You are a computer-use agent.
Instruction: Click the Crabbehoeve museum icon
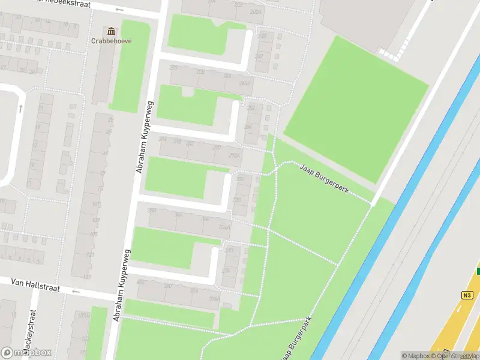point(111,31)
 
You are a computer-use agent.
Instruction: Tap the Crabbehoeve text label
point(111,41)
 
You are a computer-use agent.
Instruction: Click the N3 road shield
point(467,295)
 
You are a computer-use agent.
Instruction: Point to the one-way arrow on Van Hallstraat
point(76,292)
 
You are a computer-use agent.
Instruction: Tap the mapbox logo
point(26,353)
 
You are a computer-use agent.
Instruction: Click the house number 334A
point(224,227)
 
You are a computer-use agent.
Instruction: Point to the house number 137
point(87,277)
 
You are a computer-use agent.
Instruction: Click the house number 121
point(91,255)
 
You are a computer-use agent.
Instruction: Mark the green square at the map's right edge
point(478,271)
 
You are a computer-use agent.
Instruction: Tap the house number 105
point(93,234)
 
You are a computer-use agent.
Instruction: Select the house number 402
point(141,282)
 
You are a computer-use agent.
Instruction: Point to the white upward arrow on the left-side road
point(21,109)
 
